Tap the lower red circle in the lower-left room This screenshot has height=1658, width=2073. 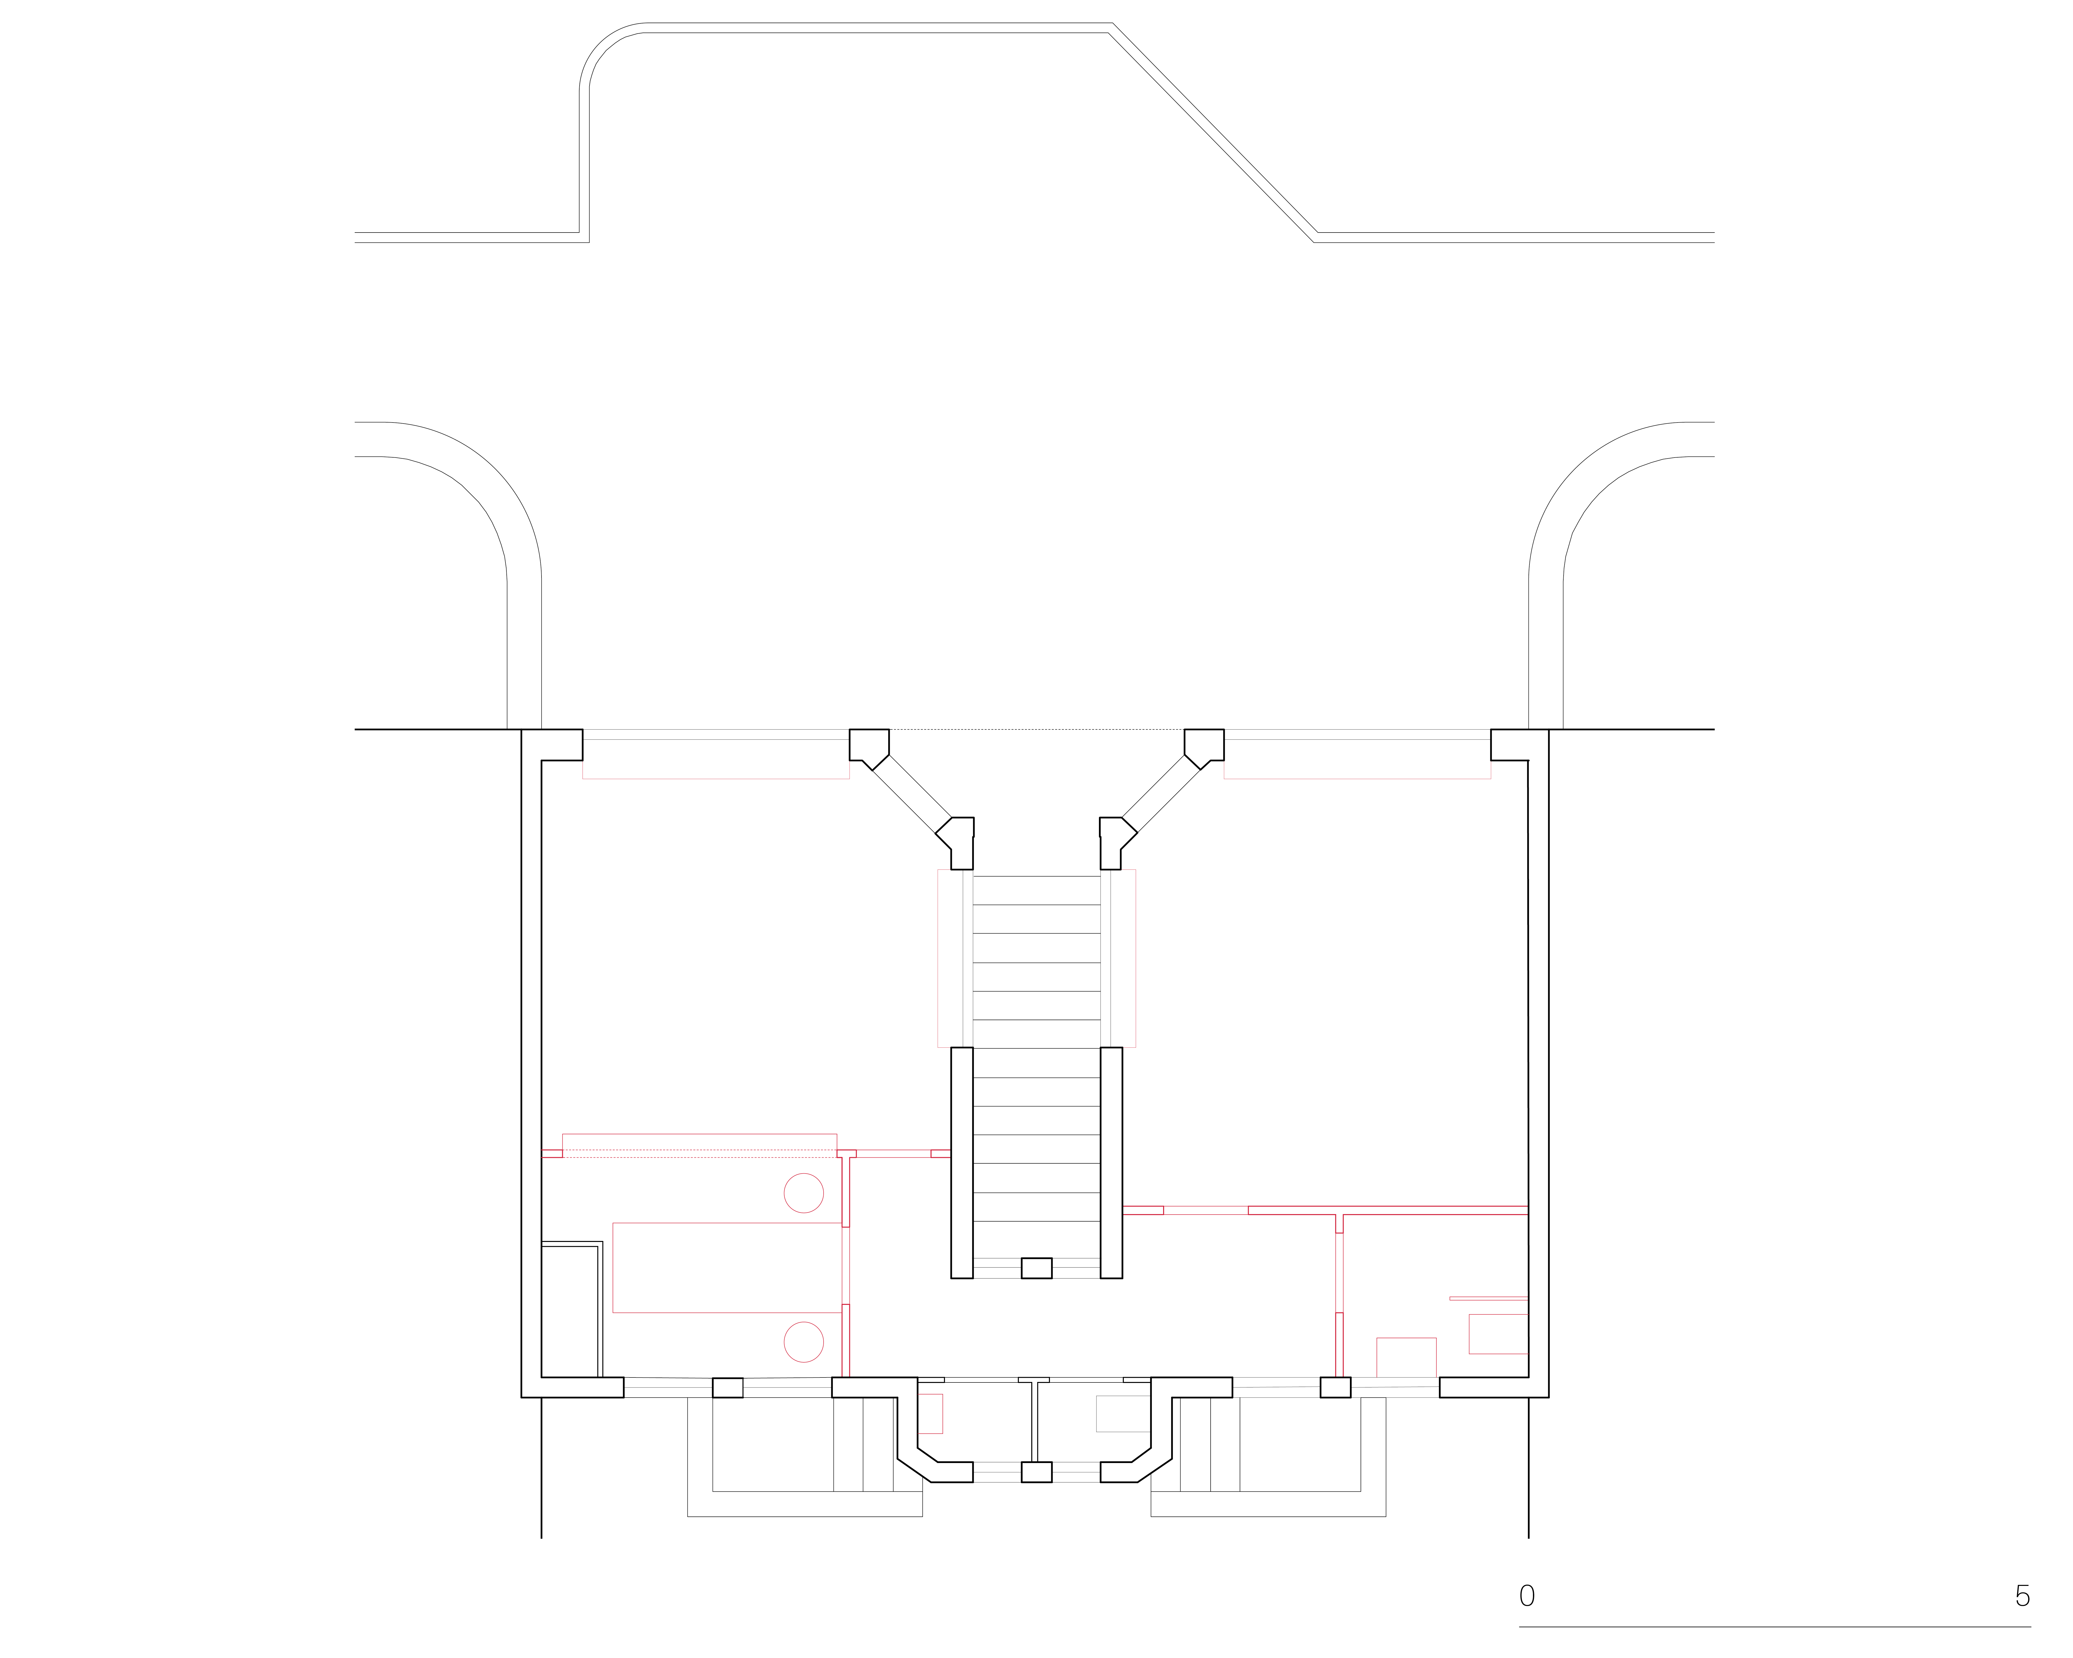pos(804,1342)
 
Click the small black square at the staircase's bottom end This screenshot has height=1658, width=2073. pos(1036,1268)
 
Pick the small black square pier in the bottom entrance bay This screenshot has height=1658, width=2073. pos(1036,1471)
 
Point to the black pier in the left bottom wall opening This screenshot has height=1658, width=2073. pos(728,1388)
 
